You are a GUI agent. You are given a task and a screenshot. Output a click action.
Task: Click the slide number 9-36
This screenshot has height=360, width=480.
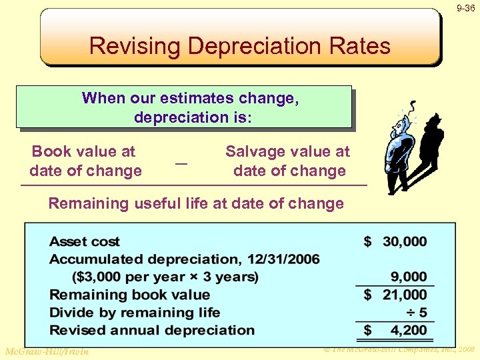coord(466,9)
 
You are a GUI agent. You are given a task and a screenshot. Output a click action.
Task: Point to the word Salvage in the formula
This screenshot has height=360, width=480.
coord(253,151)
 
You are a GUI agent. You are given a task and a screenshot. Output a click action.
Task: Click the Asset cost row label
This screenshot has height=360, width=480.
coord(85,241)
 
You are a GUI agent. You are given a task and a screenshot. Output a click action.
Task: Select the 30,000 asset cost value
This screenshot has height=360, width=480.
coord(405,241)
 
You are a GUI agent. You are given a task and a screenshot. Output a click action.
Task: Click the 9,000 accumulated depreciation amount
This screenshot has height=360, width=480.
coord(409,277)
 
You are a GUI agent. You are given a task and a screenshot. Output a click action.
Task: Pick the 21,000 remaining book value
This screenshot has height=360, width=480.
coord(405,295)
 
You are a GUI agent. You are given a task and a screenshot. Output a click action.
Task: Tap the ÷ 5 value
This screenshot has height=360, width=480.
coord(417,312)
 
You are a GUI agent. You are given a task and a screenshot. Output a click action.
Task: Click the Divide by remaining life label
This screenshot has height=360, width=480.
coord(135,312)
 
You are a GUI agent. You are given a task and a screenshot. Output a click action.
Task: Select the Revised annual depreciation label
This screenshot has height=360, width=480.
coord(152,330)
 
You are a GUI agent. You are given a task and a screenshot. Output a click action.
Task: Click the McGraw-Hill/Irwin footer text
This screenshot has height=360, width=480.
coord(47,351)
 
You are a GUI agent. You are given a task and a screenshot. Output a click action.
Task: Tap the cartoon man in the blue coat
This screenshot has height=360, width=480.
coord(399,150)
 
